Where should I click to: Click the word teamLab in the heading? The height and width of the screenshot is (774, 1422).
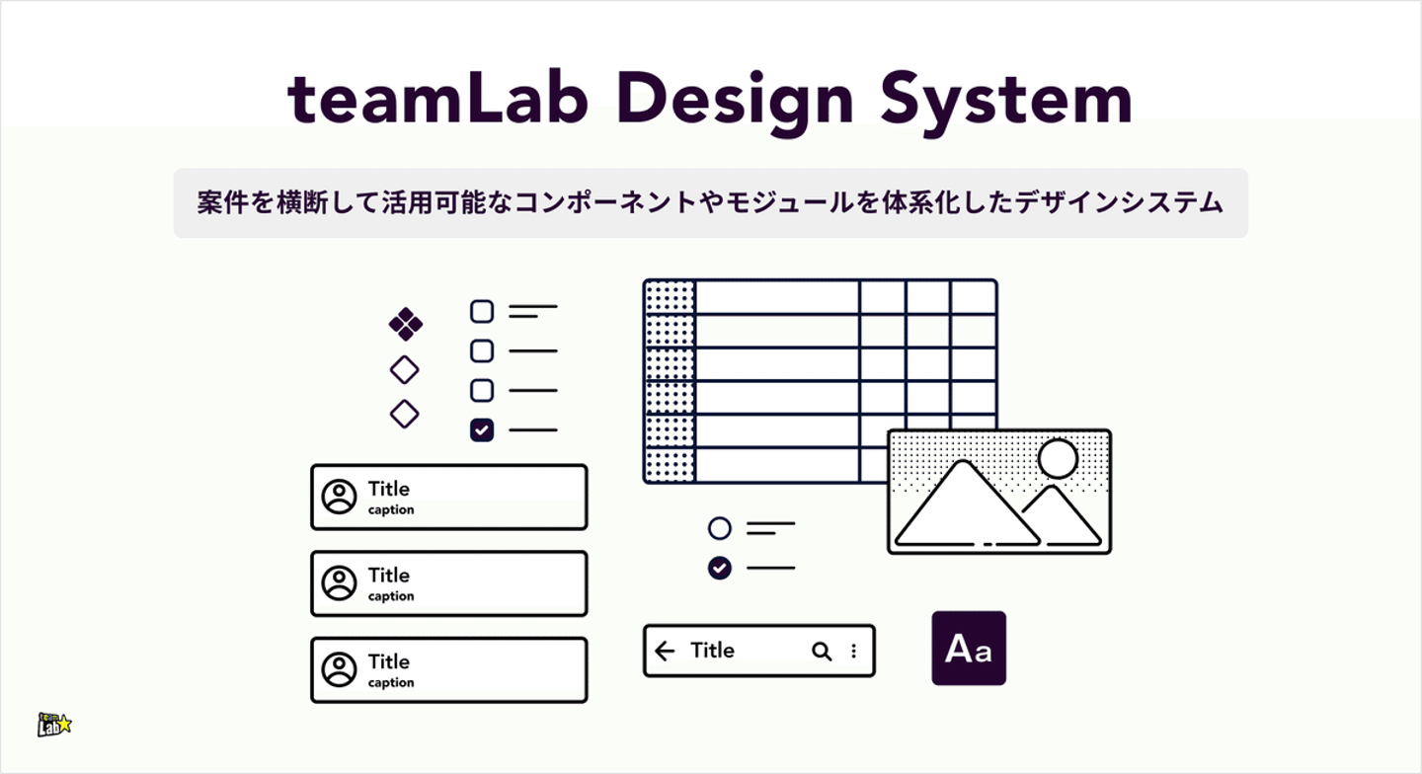[x=439, y=99]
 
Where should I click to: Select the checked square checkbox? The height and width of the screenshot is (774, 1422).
[x=481, y=429]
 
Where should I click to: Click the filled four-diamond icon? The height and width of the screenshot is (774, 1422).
[x=405, y=323]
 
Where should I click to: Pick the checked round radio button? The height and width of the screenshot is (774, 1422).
[x=720, y=568]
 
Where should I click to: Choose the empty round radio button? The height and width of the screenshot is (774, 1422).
[x=720, y=528]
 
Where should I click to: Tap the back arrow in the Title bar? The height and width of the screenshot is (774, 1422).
[x=665, y=651]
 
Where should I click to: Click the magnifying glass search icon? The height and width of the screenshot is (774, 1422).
[x=821, y=651]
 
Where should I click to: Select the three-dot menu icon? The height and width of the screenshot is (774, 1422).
[x=853, y=651]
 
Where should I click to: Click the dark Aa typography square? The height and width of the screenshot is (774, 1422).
[x=969, y=648]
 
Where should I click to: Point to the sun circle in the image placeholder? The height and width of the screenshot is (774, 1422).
[x=1058, y=459]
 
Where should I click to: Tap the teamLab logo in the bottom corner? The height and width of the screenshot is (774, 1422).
[x=54, y=725]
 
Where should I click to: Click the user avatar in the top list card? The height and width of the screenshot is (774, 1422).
[x=339, y=497]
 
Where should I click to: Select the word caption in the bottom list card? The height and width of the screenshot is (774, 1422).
[x=391, y=683]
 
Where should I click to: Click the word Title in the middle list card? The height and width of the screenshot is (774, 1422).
[x=388, y=575]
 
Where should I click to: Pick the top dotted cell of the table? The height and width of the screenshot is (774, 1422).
[x=670, y=297]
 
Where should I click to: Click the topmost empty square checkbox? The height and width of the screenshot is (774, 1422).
[x=481, y=312]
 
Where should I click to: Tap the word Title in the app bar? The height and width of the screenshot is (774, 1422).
[x=712, y=650]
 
